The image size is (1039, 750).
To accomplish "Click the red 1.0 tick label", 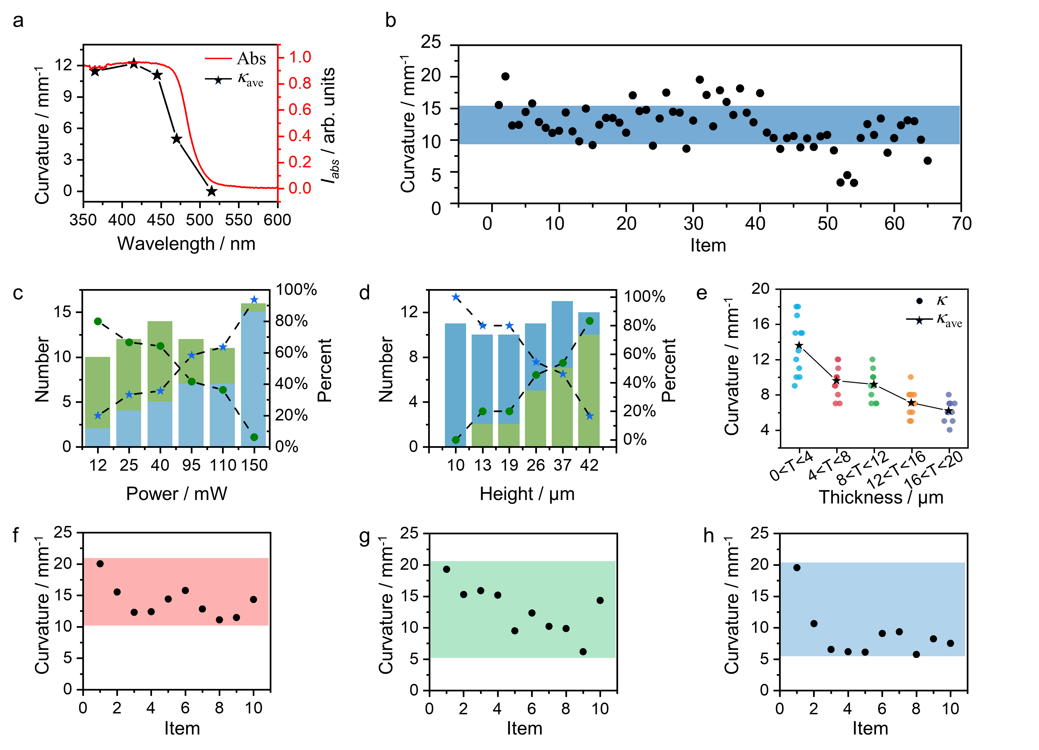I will (x=300, y=57).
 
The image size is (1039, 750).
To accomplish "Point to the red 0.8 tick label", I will (x=300, y=83).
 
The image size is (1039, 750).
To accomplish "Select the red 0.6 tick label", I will (x=300, y=109).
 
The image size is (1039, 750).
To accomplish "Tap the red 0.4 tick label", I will (x=300, y=136).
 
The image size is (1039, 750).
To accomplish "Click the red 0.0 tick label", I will (x=300, y=188).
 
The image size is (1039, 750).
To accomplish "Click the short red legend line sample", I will (x=218, y=59).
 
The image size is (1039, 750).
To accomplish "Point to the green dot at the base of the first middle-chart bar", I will (x=456, y=440).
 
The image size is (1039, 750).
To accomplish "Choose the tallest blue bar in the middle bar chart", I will (x=562, y=335).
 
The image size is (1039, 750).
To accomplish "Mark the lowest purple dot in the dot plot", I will (x=950, y=430).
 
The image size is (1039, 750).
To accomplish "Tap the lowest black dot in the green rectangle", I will (x=583, y=652).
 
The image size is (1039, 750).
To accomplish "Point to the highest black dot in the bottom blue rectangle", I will (x=797, y=568).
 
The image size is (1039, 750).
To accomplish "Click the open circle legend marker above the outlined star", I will (x=919, y=301).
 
